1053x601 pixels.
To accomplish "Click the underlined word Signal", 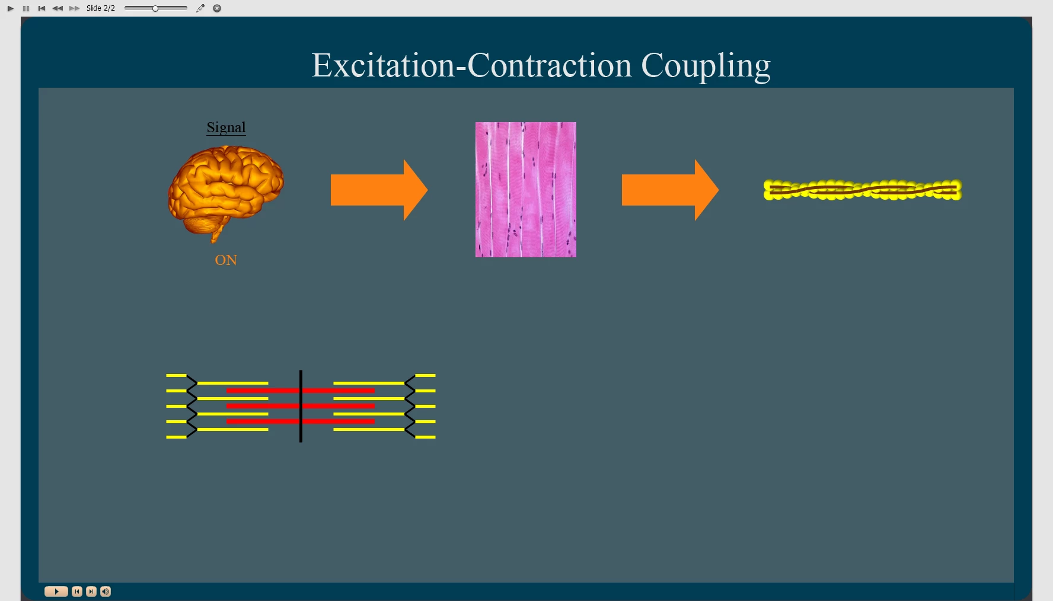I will point(226,127).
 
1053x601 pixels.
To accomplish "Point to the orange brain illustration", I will point(225,190).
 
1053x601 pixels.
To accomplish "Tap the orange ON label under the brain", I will point(226,260).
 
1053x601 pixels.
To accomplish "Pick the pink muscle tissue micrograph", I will point(525,190).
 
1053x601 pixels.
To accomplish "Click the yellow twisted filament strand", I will point(862,190).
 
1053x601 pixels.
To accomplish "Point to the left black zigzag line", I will point(192,406).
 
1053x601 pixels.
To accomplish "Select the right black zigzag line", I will point(410,406).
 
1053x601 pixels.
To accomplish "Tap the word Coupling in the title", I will point(706,65).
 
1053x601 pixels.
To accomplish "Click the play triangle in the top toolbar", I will point(10,8).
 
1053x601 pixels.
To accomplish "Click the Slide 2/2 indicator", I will point(101,8).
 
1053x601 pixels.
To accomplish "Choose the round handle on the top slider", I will point(155,8).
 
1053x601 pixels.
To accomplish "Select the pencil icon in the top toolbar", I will point(200,8).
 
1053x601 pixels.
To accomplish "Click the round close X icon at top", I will point(217,8).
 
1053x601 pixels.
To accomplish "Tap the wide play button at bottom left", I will point(56,592).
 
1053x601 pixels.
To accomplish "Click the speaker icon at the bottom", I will point(106,592).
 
